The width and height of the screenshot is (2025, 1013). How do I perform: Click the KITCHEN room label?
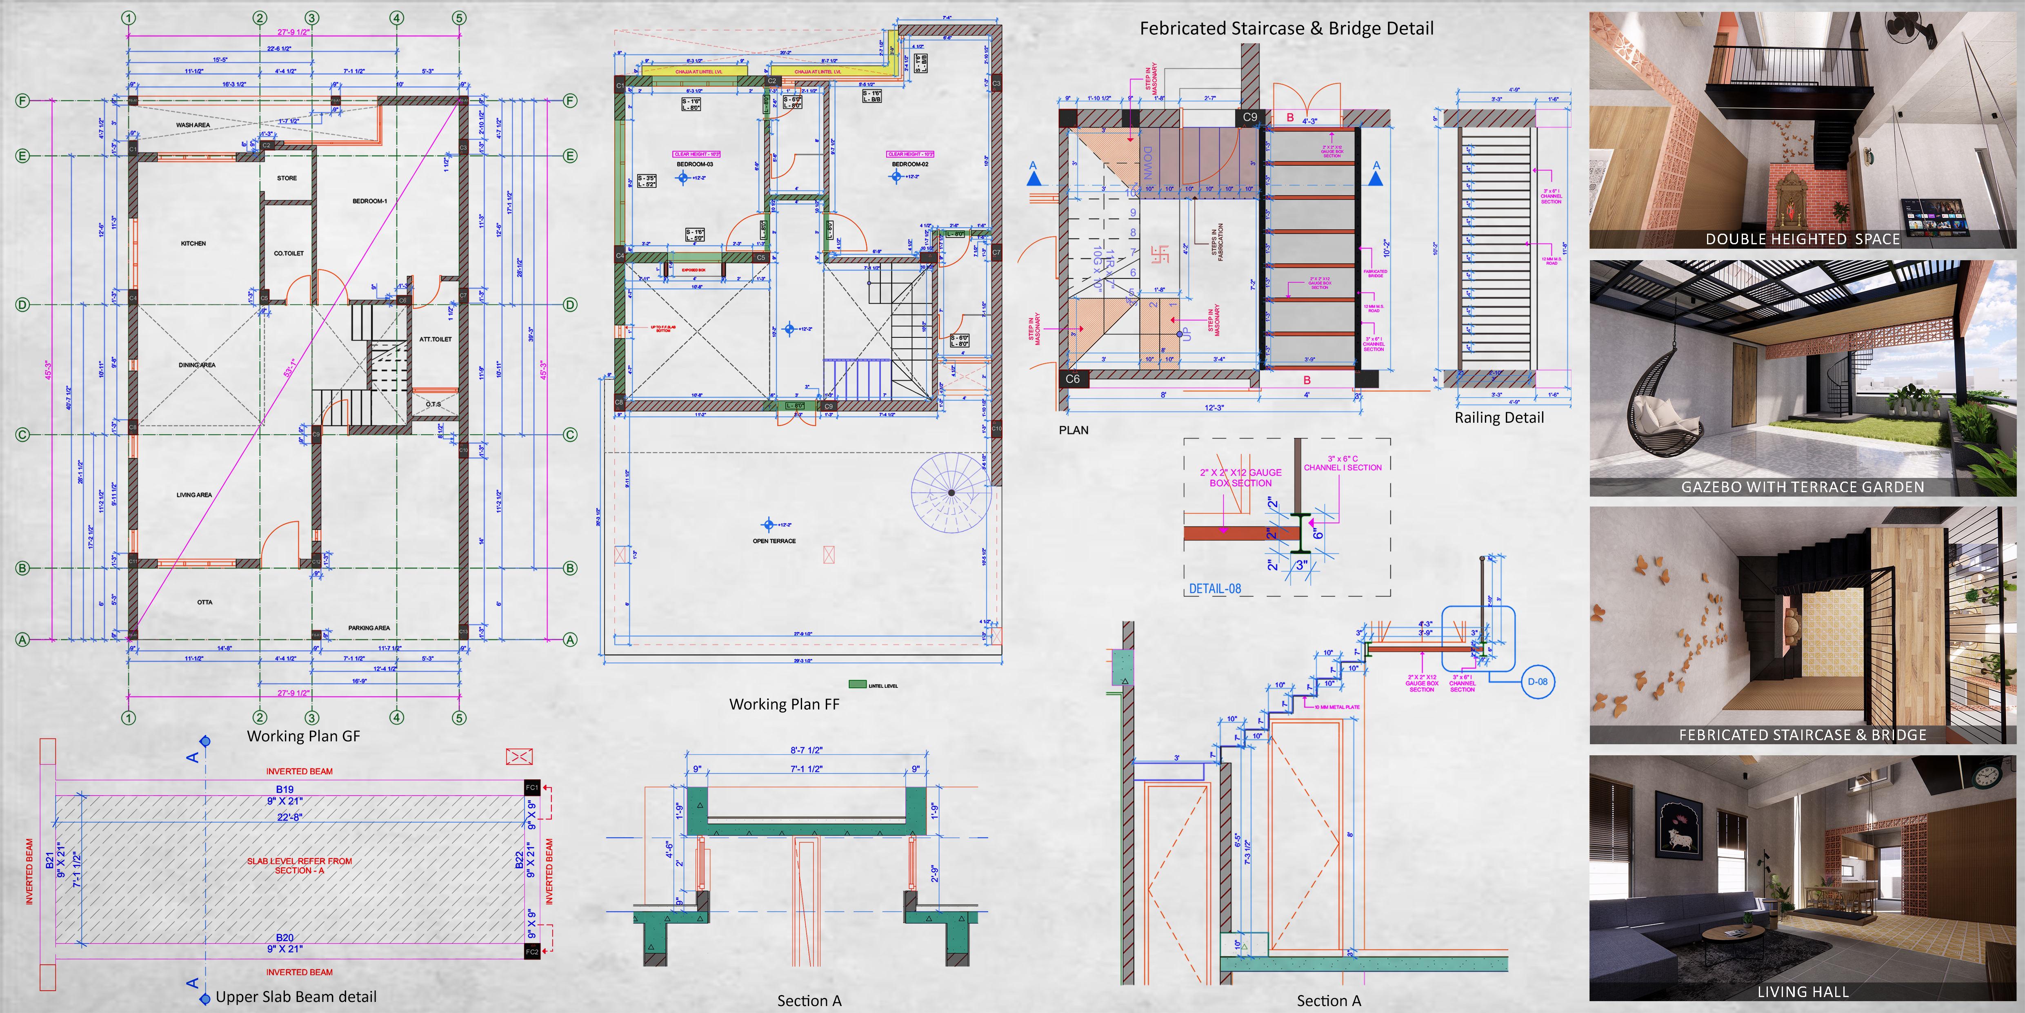point(193,244)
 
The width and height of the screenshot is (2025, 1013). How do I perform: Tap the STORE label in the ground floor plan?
point(287,179)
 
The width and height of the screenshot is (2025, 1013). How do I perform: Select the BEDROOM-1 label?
point(369,201)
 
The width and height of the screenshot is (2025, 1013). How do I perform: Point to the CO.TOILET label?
point(289,253)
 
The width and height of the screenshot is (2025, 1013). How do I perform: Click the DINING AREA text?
point(196,365)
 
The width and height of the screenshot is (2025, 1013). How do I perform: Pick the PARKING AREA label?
point(369,628)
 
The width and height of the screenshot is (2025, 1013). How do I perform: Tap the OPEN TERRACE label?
point(774,541)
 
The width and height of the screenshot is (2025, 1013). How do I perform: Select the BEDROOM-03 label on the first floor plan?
point(695,164)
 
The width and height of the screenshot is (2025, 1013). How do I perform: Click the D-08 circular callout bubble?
point(1537,682)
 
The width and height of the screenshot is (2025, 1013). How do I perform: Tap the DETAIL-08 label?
point(1214,588)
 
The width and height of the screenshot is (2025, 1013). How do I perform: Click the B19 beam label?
point(285,789)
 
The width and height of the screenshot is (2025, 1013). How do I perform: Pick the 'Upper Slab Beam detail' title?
point(296,997)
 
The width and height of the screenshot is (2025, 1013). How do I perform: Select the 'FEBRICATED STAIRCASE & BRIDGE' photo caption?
point(1803,734)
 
